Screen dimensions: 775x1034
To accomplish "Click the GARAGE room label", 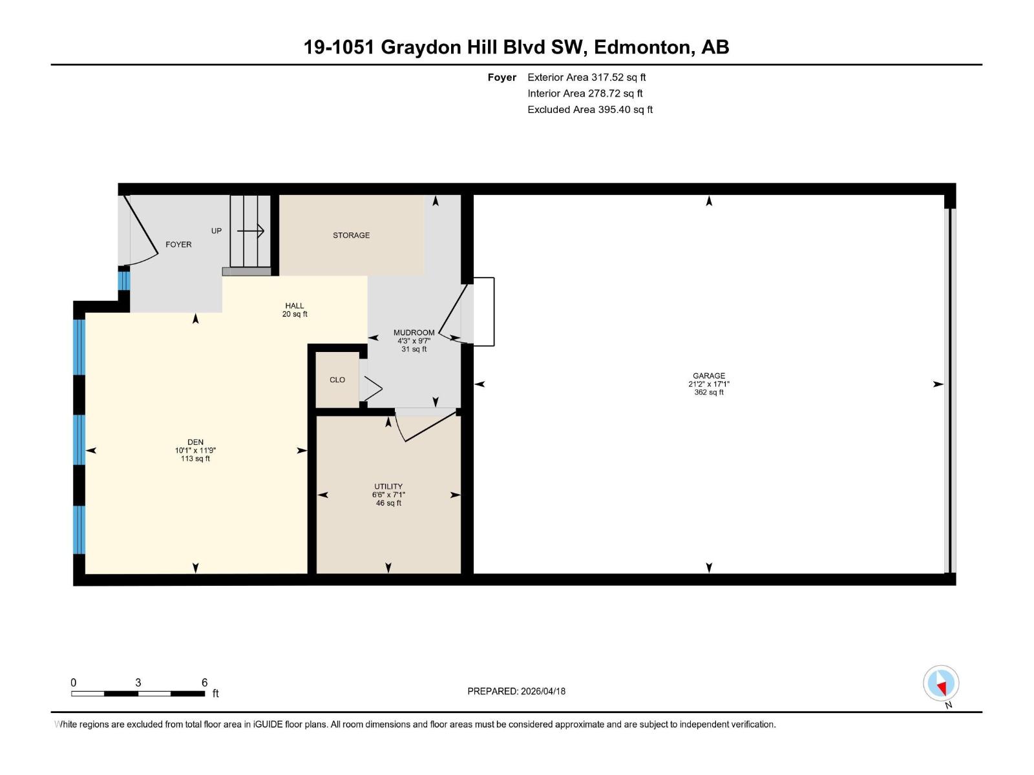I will [x=708, y=376].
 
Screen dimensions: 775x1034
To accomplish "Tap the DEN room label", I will [x=195, y=442].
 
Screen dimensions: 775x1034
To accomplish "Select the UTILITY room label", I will [x=388, y=487].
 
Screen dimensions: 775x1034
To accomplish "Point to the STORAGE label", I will [x=351, y=236].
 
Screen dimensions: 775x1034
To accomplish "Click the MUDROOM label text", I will [x=414, y=333].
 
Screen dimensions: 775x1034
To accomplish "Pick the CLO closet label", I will [x=337, y=380].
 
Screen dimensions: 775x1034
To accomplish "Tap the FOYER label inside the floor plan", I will [x=178, y=245].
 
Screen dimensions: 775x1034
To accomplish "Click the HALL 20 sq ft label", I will [x=295, y=310].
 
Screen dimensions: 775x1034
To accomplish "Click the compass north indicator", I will [x=941, y=683].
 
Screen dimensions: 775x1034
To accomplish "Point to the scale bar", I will [x=138, y=694].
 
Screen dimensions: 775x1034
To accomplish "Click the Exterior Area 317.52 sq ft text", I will [x=586, y=77].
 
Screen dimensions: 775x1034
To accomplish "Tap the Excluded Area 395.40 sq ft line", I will [x=589, y=110].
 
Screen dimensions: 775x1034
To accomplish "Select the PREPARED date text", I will [x=516, y=691].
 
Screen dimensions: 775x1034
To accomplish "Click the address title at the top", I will [x=516, y=47].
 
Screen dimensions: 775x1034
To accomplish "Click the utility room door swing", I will [x=427, y=426].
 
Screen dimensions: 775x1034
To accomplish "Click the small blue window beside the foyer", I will [x=123, y=281].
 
